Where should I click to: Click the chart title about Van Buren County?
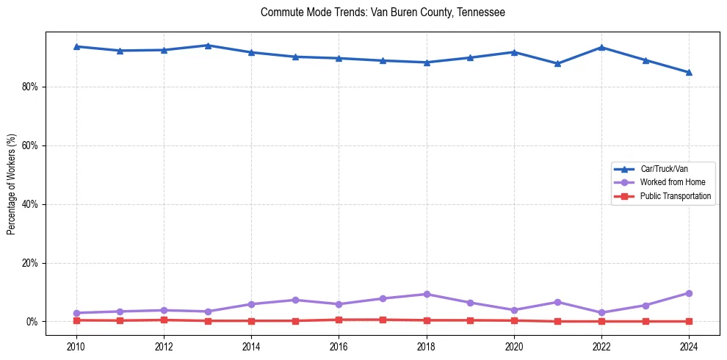pos(383,12)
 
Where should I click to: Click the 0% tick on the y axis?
pos(32,322)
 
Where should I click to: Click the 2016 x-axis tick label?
pos(339,345)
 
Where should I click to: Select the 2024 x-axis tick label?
pos(689,345)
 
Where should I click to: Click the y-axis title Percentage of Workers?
pos(12,184)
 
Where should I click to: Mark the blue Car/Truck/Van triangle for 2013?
pos(208,46)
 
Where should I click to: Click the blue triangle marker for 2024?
pos(689,72)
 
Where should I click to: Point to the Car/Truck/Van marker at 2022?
pos(601,47)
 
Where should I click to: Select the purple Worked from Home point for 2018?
pos(427,294)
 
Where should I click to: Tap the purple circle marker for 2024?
pos(689,293)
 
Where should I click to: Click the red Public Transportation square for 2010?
pos(76,320)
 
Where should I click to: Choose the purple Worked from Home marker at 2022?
pos(601,312)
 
